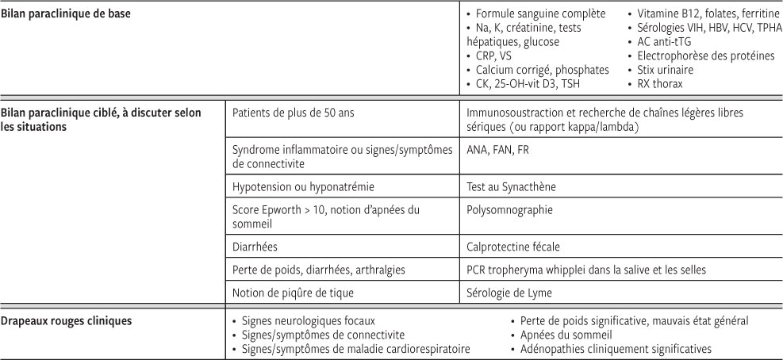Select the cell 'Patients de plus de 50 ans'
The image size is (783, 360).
point(293,113)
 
